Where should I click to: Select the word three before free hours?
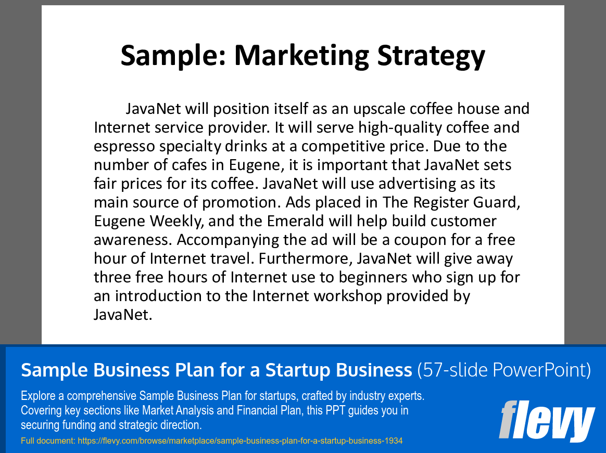pos(112,277)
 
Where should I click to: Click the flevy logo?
pos(547,420)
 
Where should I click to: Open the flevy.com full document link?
pos(240,441)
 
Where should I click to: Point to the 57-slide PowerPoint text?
pos(504,370)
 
